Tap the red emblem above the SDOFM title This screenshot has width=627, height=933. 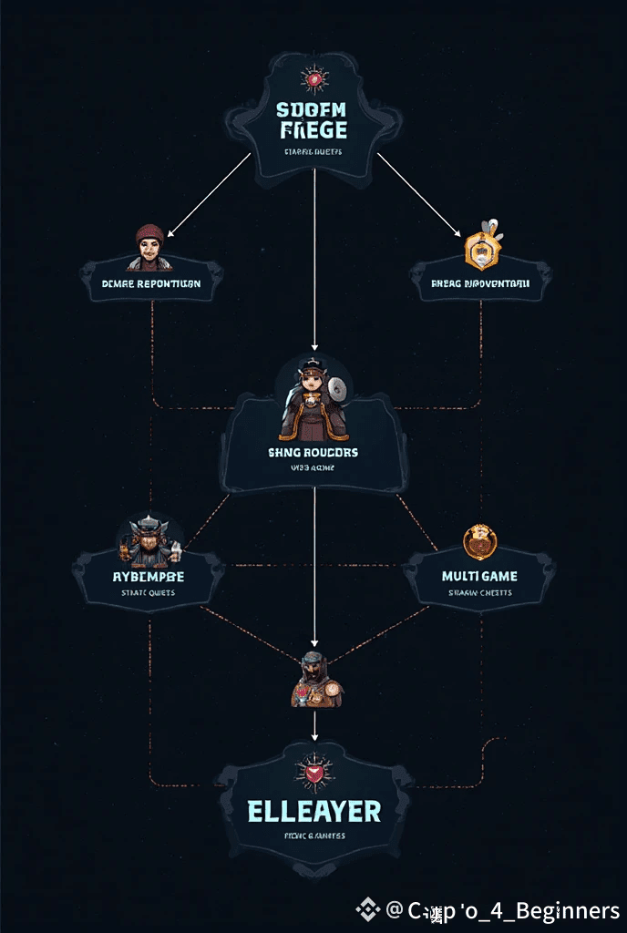(x=313, y=80)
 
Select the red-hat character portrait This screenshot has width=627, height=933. (x=149, y=247)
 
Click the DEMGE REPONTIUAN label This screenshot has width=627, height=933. (x=151, y=283)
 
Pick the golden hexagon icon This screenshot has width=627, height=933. (x=479, y=250)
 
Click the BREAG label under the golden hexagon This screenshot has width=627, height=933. (x=480, y=283)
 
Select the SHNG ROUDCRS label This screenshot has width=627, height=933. (x=313, y=452)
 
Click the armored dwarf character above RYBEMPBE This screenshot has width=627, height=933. (x=148, y=542)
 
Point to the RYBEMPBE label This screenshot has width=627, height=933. (x=148, y=577)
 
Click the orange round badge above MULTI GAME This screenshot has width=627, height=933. (x=479, y=542)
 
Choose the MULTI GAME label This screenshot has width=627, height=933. (x=479, y=576)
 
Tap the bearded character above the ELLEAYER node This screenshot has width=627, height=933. (x=315, y=682)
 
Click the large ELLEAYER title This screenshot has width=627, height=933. (x=314, y=812)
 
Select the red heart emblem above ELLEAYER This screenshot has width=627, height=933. (x=314, y=774)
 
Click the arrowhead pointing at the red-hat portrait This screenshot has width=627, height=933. (x=170, y=235)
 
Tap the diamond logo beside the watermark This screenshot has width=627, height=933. (x=367, y=909)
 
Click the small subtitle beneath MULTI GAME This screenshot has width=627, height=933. (x=479, y=592)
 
